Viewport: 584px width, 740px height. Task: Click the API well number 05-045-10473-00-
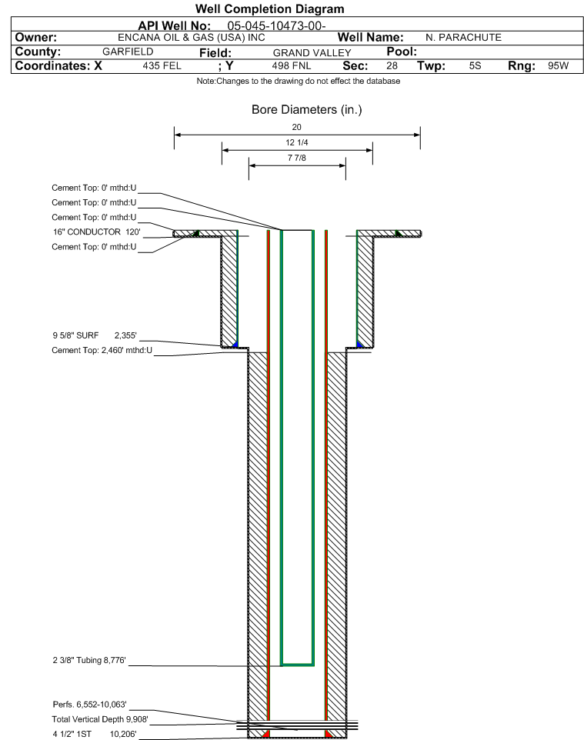(x=277, y=26)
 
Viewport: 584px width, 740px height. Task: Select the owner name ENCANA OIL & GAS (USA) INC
(x=192, y=38)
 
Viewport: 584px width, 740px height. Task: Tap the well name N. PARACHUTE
(x=463, y=37)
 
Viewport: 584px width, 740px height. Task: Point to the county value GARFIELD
(x=128, y=52)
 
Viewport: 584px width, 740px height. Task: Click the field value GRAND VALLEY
(x=312, y=53)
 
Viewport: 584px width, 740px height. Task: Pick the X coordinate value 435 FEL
(x=162, y=65)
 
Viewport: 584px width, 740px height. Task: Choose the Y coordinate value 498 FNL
(x=292, y=65)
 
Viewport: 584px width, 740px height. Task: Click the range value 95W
(x=558, y=65)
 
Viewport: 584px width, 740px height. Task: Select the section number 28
(x=392, y=65)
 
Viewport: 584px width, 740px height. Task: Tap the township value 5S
(x=475, y=65)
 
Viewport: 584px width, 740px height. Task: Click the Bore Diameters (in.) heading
(x=307, y=110)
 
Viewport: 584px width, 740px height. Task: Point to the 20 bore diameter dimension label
(x=296, y=127)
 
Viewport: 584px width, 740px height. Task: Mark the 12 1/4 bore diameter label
(x=297, y=142)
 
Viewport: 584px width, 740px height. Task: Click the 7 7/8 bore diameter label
(x=297, y=158)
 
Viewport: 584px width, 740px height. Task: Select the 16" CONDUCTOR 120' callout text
(x=97, y=232)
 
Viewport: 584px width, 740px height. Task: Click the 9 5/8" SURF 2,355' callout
(x=95, y=335)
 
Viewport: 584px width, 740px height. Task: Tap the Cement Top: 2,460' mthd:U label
(x=102, y=350)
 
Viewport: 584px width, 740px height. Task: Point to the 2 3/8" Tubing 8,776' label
(x=89, y=660)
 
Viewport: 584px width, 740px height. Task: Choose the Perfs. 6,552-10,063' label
(x=90, y=705)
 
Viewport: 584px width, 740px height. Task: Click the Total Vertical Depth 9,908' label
(x=100, y=719)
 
